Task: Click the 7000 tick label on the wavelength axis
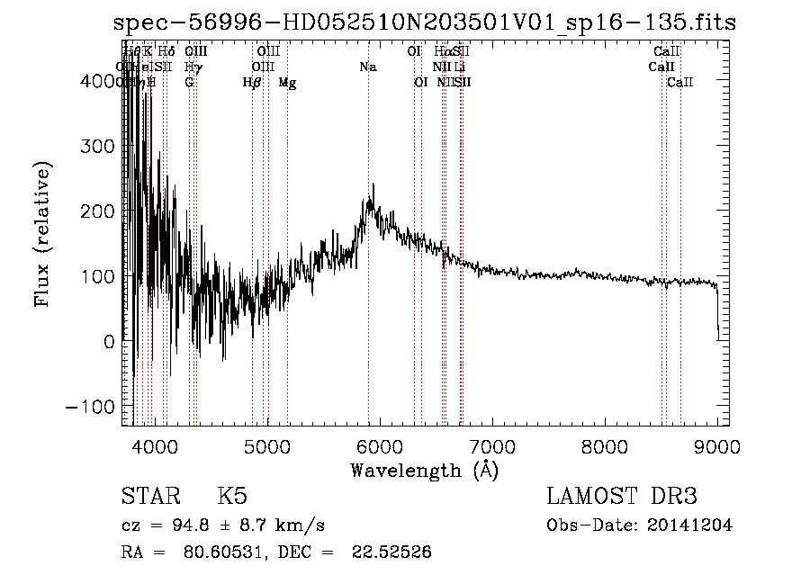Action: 491,445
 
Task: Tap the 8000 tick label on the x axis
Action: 605,445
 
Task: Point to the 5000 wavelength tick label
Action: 266,445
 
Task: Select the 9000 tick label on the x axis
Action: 717,445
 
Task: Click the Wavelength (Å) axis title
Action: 424,470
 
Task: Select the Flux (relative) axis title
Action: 43,234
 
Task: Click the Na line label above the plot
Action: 367,67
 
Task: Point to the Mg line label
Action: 287,83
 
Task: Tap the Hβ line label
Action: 252,83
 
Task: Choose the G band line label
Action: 189,83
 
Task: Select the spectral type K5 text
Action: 232,498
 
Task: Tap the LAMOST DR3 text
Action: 622,498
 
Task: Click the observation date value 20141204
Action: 689,526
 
